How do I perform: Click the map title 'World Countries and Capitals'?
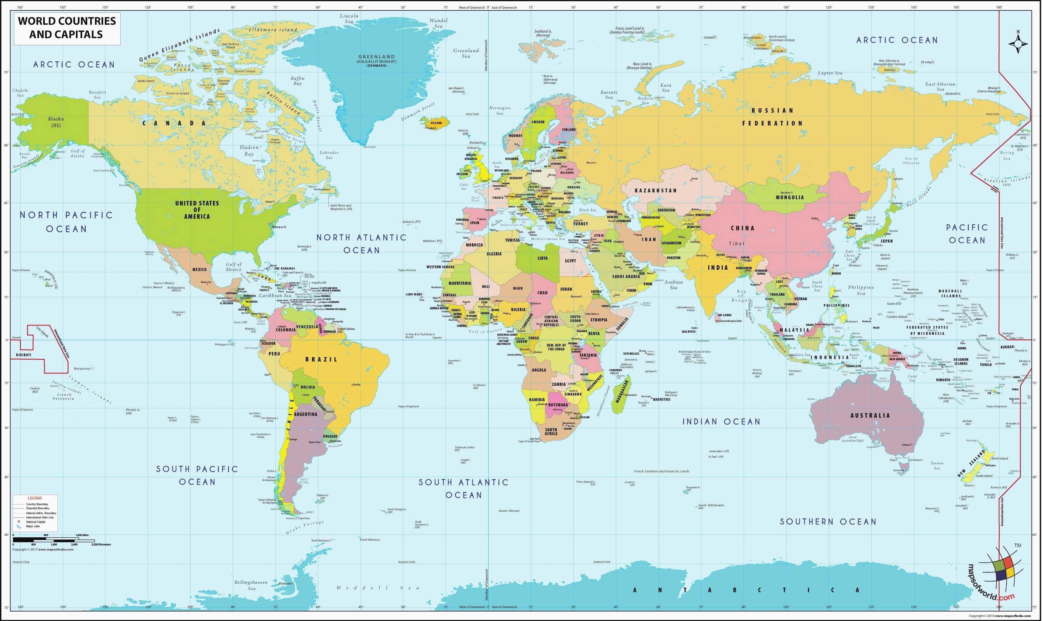point(67,28)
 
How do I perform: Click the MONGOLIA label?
point(790,197)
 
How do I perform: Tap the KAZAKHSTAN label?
point(656,190)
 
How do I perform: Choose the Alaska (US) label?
point(56,122)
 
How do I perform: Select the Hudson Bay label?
point(249,151)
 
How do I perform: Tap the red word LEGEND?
point(35,498)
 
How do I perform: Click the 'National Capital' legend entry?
point(35,522)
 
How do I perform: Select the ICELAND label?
point(436,123)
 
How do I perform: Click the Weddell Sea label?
point(378,588)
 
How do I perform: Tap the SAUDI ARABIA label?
point(626,277)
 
